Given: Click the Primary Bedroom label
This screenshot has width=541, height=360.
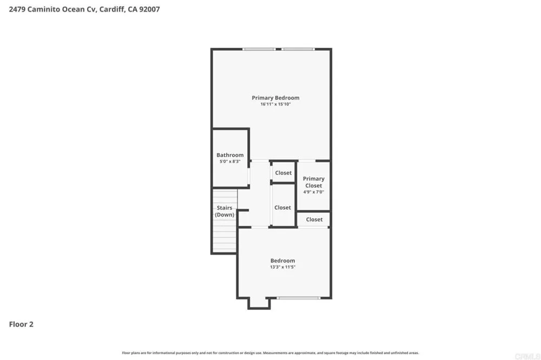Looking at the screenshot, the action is [275, 98].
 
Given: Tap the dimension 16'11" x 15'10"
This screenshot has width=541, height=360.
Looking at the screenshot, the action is [275, 104].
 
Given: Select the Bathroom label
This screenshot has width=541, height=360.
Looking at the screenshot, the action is [230, 155].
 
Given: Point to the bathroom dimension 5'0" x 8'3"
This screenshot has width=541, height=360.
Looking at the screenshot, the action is [230, 162].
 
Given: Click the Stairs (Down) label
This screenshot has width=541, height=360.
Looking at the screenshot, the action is [225, 211].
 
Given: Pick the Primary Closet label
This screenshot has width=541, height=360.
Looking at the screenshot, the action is [314, 182].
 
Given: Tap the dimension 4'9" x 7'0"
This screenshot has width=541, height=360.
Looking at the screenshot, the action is [314, 192].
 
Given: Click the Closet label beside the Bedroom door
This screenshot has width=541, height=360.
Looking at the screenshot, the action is [282, 208].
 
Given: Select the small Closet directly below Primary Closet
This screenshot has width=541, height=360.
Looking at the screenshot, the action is [314, 219].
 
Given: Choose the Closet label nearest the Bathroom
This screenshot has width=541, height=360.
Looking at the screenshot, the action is [283, 173].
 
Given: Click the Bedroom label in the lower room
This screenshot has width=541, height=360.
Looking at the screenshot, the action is [282, 261].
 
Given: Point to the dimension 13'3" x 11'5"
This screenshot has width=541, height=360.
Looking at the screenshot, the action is [282, 267].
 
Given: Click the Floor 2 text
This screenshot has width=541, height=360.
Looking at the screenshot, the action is [21, 324].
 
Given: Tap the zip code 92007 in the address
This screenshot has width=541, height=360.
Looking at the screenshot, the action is [149, 9].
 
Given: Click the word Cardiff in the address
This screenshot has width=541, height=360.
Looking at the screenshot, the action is [112, 9].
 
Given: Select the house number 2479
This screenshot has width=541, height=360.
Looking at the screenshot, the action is [17, 9].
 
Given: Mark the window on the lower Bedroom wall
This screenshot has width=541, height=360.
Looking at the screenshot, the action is [298, 298].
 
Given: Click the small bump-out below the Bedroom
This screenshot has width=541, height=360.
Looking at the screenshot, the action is [259, 303].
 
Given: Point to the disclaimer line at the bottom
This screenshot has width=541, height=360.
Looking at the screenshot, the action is [270, 353].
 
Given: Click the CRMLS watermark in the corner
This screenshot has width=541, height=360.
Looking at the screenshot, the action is [527, 356].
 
